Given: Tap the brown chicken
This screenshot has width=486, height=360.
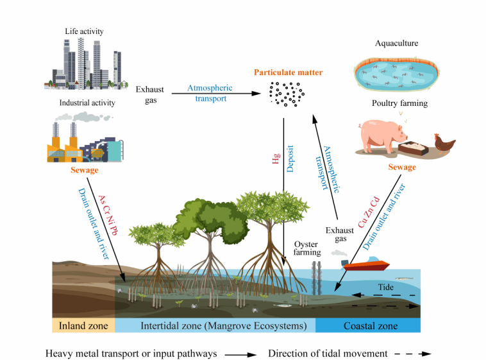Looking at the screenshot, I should click(x=444, y=142).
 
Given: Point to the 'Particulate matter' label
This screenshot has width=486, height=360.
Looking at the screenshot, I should click(x=288, y=73).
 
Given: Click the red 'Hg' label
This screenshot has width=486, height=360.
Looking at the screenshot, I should click(x=276, y=159).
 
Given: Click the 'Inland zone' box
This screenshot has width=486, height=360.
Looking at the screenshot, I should click(x=83, y=325).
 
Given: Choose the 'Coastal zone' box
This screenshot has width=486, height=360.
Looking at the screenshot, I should click(x=370, y=325).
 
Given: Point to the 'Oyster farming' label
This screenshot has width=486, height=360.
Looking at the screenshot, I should click(x=307, y=248).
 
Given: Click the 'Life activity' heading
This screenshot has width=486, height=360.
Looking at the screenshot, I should click(x=84, y=31).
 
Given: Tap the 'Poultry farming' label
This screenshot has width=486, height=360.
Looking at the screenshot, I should click(x=399, y=103).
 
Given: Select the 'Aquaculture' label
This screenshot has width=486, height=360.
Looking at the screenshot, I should click(x=396, y=44).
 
